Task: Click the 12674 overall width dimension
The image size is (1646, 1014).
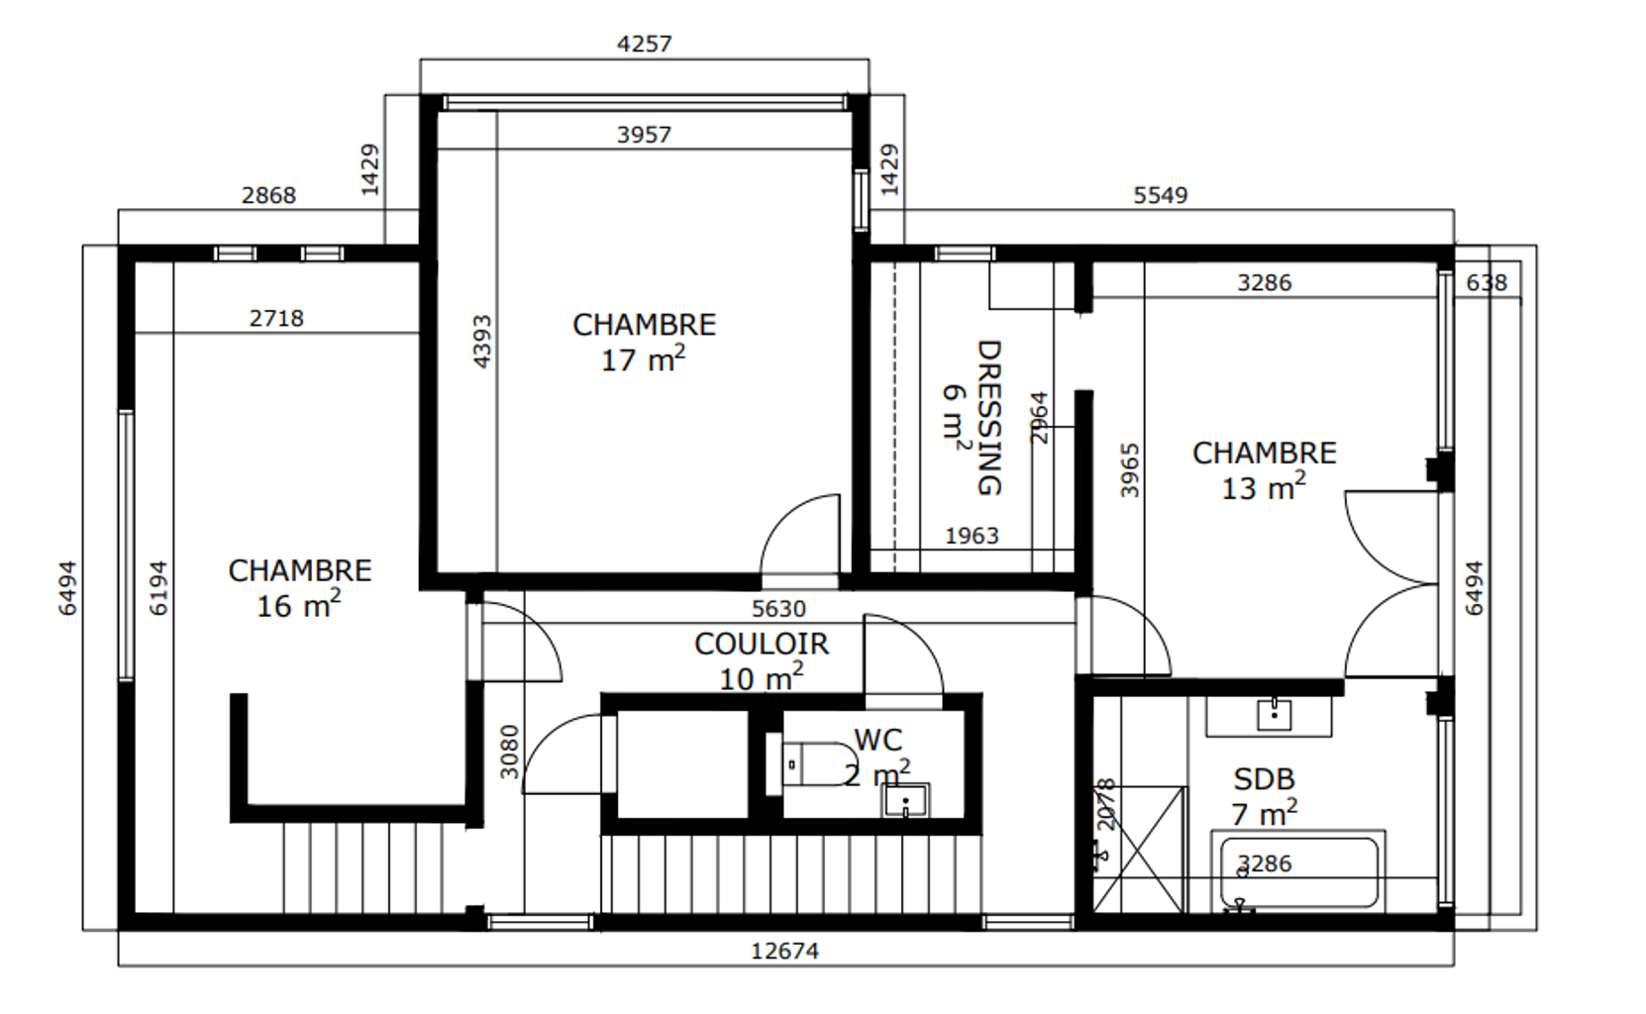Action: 784,952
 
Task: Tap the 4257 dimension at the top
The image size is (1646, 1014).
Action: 644,45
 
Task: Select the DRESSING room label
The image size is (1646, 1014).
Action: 989,417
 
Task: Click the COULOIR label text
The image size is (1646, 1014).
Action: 762,645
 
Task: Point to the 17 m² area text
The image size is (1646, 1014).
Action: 644,360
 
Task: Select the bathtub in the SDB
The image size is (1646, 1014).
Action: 1298,873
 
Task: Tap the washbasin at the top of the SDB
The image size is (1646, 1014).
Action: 1275,714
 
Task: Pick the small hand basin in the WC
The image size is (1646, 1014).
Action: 905,800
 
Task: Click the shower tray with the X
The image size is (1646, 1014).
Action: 1140,850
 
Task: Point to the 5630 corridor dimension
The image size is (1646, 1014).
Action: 778,609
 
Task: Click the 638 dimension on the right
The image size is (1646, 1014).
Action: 1487,283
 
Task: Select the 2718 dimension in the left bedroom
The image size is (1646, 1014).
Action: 276,318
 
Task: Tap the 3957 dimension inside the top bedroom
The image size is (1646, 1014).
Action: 644,136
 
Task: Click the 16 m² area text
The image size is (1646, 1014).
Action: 299,606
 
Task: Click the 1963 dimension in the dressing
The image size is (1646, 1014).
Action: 972,537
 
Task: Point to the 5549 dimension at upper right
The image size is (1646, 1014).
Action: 1161,195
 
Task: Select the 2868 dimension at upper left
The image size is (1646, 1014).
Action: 269,195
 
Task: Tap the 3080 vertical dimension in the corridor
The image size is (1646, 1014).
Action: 509,752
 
